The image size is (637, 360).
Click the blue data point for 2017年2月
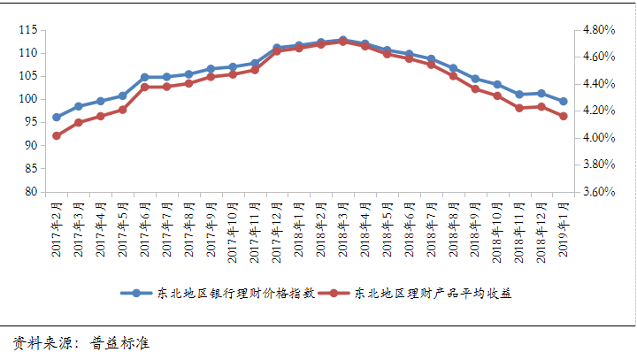[57, 117]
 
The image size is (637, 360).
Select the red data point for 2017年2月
[57, 135]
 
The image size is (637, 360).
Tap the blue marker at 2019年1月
[564, 101]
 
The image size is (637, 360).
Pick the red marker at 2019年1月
[564, 116]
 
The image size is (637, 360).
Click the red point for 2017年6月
[144, 87]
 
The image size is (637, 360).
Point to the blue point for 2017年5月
[122, 96]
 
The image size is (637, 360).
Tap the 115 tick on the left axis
[27, 30]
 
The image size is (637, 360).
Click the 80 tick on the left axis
[30, 192]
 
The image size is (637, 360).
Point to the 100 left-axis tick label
[27, 99]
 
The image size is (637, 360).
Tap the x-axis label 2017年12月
[277, 229]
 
